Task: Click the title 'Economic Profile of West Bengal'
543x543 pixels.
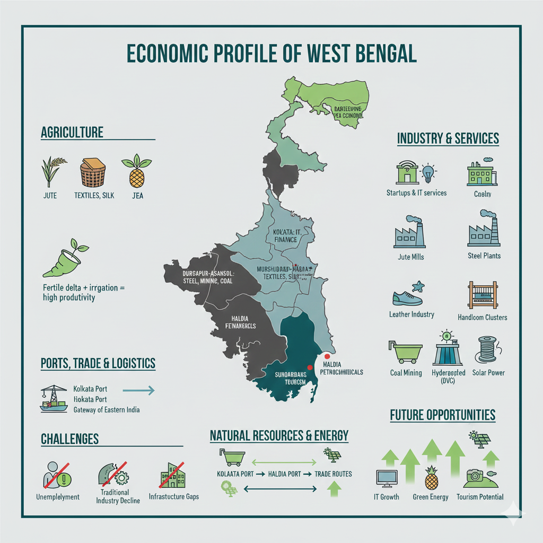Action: coord(271,55)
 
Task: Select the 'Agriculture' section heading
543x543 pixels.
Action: coord(72,132)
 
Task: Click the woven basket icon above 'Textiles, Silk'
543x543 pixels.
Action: coord(93,173)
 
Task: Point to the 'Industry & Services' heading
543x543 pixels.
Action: coord(448,139)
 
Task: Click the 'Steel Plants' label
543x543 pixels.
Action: coord(484,256)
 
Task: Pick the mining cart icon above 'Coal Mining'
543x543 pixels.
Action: coord(407,350)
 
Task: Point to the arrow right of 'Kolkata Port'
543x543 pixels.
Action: coord(138,391)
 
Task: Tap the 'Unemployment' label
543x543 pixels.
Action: coord(57,497)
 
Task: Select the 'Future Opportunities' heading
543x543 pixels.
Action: coord(442,415)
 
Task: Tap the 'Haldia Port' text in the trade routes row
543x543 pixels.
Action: coord(285,474)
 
